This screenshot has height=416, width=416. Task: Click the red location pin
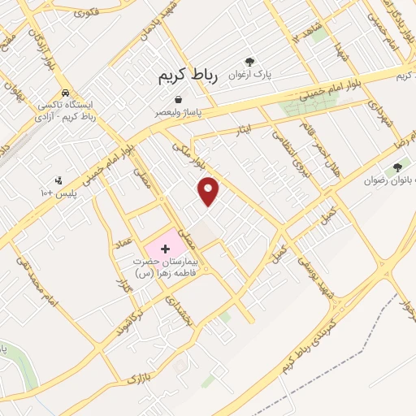pos(210,190)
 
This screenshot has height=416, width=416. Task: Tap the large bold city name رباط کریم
pos(187,77)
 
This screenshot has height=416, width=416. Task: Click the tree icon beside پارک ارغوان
pos(250,61)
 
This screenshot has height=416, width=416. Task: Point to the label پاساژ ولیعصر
pos(181,113)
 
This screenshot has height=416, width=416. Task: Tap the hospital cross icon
pos(165,245)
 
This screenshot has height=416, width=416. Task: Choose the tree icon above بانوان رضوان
pos(396,168)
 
